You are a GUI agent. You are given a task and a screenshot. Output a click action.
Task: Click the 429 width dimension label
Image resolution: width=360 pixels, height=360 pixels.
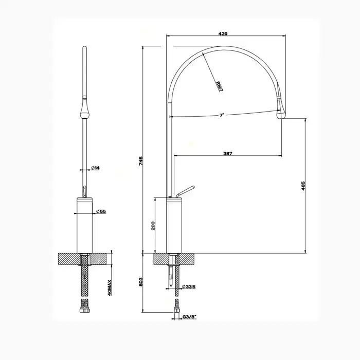point(223,34)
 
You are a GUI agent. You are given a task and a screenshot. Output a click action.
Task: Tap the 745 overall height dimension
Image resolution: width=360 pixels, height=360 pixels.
point(141,160)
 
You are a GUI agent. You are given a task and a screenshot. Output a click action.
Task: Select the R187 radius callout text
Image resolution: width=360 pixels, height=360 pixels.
point(219,86)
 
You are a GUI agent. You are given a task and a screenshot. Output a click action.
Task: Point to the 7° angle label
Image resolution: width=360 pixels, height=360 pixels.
point(221,115)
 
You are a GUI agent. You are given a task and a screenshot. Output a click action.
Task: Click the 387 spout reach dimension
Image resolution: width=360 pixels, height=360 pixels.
point(228,153)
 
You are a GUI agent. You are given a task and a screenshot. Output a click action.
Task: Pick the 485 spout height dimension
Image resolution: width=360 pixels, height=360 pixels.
point(303,186)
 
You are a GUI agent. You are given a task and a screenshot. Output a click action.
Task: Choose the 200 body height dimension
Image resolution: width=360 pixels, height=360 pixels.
point(153,226)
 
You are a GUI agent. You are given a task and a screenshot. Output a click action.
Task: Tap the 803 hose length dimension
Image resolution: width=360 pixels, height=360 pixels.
point(141,282)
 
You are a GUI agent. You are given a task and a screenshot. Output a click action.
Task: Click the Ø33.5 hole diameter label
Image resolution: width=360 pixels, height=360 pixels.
point(189,286)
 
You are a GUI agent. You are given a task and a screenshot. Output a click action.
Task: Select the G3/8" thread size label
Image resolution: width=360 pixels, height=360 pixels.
point(190,317)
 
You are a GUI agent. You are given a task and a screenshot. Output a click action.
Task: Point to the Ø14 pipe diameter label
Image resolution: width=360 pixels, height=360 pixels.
point(96,168)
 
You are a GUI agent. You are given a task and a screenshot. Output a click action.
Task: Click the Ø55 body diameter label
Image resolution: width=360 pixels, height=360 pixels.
point(101,211)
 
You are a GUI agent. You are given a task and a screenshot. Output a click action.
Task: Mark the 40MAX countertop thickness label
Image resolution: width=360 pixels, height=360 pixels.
point(110,287)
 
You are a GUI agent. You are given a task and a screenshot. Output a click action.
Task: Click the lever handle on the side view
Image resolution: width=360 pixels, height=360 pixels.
point(185,191)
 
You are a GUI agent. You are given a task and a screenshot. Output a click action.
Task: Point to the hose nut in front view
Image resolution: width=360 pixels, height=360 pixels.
point(84,311)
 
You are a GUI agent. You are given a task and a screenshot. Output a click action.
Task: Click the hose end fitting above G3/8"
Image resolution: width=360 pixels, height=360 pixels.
point(177,307)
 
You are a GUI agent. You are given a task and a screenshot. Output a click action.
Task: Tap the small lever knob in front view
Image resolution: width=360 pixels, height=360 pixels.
point(84,191)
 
